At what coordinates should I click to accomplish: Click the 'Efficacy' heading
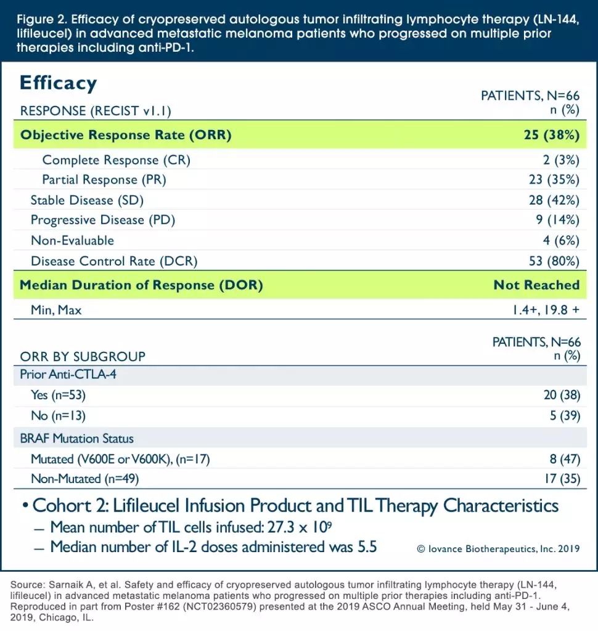click(x=59, y=83)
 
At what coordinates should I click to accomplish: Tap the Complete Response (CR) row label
click(x=116, y=160)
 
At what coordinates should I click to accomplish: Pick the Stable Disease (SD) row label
click(x=88, y=200)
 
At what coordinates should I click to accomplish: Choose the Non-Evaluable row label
click(x=72, y=240)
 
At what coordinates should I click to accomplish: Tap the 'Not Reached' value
click(x=536, y=285)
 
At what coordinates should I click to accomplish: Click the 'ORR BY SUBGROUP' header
click(x=83, y=356)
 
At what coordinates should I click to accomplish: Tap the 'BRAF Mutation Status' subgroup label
click(x=76, y=439)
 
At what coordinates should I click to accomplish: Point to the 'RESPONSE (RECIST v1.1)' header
click(x=96, y=111)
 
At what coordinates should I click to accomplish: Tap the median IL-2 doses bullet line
click(x=213, y=547)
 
